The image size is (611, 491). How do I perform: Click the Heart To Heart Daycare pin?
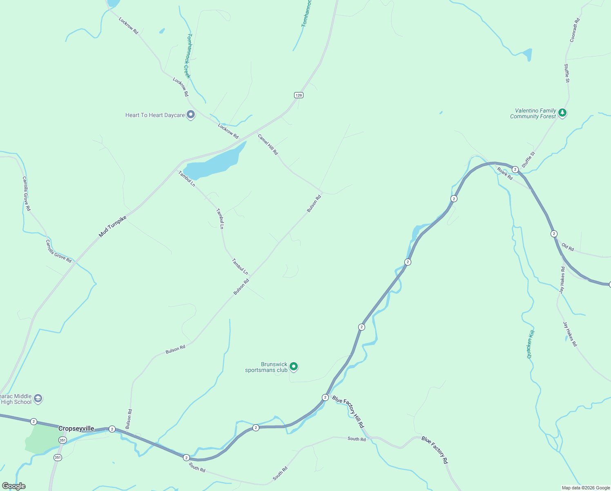191,115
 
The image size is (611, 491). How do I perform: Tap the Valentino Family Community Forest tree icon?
562,113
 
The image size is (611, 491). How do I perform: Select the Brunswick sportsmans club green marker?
294,367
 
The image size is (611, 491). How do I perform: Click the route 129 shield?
299,95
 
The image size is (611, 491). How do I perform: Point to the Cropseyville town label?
76,428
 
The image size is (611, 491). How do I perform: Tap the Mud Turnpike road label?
113,227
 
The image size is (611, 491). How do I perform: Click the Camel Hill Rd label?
268,144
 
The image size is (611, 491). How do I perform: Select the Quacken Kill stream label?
530,345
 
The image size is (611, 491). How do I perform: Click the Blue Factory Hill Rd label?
348,412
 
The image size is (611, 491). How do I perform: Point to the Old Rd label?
568,247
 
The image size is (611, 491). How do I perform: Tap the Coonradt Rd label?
575,30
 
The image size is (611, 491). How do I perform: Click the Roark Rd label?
505,173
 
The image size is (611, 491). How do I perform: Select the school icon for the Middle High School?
38,399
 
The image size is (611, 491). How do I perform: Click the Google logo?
13,486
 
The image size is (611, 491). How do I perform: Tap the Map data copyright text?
586,488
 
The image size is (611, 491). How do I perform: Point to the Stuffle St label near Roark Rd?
528,160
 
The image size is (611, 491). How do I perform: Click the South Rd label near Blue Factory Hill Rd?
357,439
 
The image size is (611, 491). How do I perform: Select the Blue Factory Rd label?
435,450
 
